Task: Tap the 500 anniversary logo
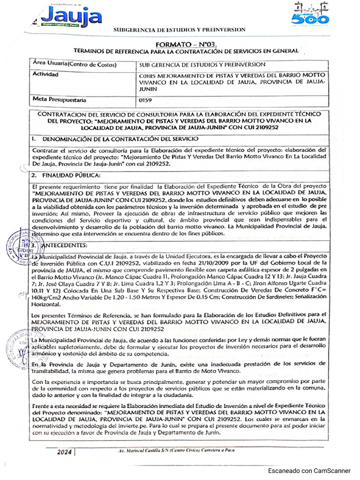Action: point(311,14)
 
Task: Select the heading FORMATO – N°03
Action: point(180,44)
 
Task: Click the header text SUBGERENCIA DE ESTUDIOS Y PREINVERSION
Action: point(180,30)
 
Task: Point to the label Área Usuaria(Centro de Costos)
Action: point(74,65)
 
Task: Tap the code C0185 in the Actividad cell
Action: point(149,75)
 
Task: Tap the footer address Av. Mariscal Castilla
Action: point(174,451)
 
